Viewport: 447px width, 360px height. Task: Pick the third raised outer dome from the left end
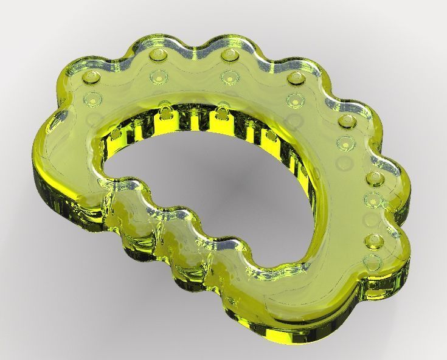pos(229,56)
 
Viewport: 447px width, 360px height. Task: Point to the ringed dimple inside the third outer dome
pos(229,77)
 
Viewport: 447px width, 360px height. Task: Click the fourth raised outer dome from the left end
pos(295,78)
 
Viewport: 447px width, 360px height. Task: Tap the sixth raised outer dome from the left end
pos(374,179)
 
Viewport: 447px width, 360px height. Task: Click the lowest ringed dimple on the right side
pos(370,263)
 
